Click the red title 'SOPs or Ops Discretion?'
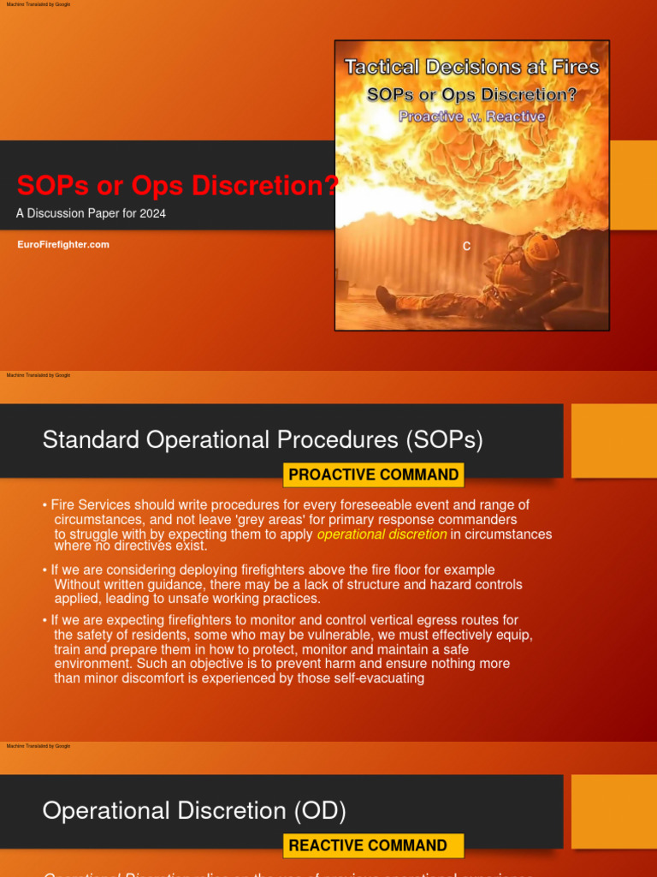[178, 184]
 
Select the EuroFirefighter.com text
[63, 245]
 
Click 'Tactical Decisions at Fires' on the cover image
[471, 67]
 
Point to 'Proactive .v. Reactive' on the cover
[471, 116]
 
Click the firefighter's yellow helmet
[540, 248]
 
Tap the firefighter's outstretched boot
[386, 299]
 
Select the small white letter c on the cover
[466, 247]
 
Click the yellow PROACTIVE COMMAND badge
[373, 474]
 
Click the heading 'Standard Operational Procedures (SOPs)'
[263, 440]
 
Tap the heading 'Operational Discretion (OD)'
[194, 810]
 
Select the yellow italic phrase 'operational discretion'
[382, 534]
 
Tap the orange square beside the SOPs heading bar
[613, 440]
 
